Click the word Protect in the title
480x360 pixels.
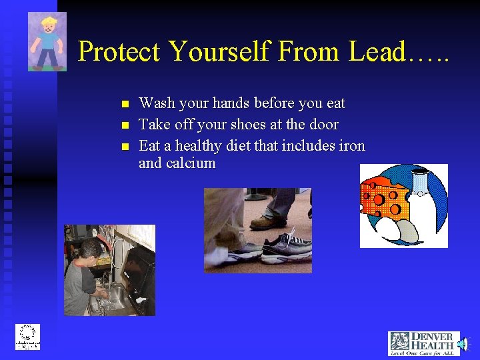(120, 52)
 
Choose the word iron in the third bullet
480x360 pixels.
(351, 145)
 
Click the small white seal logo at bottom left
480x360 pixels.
(28, 337)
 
